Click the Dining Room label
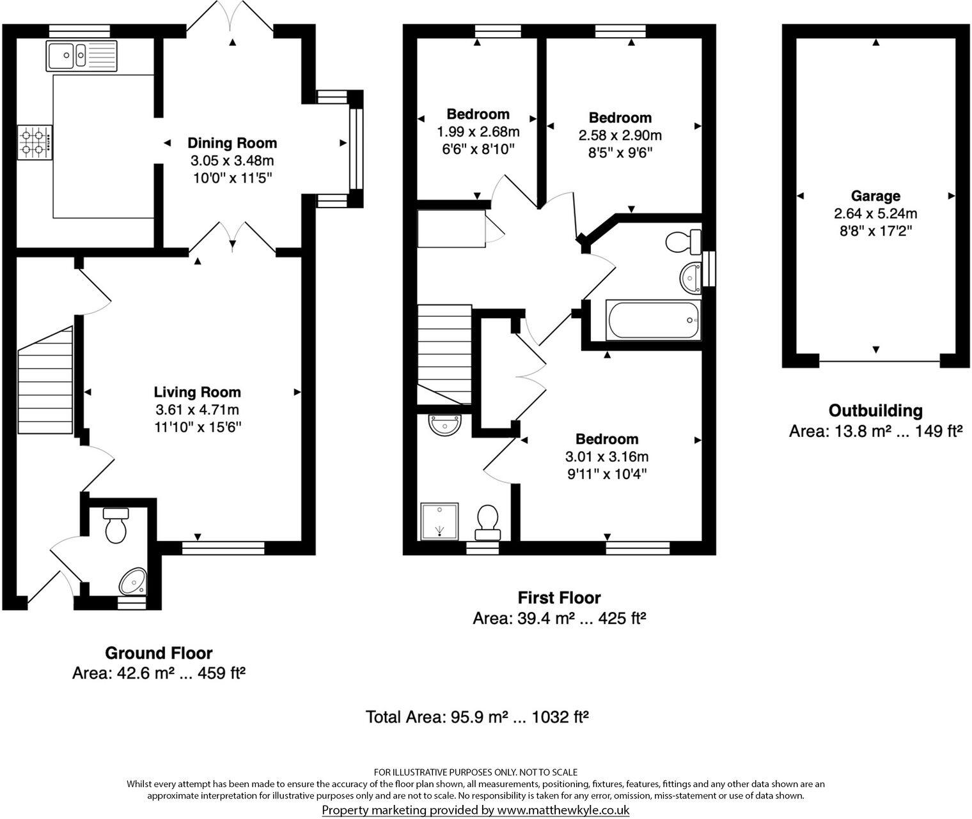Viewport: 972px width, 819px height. pos(232,143)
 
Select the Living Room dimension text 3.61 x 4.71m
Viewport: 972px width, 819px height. pos(197,409)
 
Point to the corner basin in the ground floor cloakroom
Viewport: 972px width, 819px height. pos(133,581)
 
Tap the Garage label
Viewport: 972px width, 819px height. pos(875,196)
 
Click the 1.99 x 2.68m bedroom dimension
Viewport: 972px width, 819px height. pos(478,132)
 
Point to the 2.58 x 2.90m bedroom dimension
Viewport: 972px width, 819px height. pos(620,135)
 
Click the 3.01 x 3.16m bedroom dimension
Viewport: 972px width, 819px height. pos(606,457)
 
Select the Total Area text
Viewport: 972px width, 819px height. pos(476,717)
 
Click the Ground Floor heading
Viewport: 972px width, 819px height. pos(159,653)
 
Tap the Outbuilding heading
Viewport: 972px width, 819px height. pos(875,411)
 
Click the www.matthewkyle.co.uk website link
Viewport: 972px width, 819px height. pos(563,810)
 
